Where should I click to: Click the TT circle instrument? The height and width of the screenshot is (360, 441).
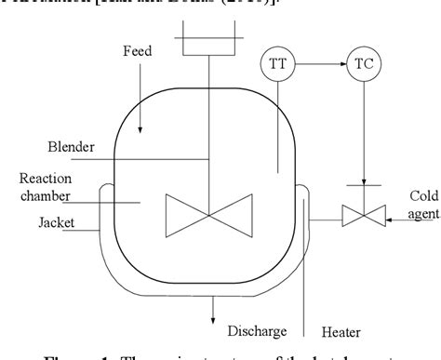278,64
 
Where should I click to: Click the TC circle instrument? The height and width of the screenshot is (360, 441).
362,64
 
